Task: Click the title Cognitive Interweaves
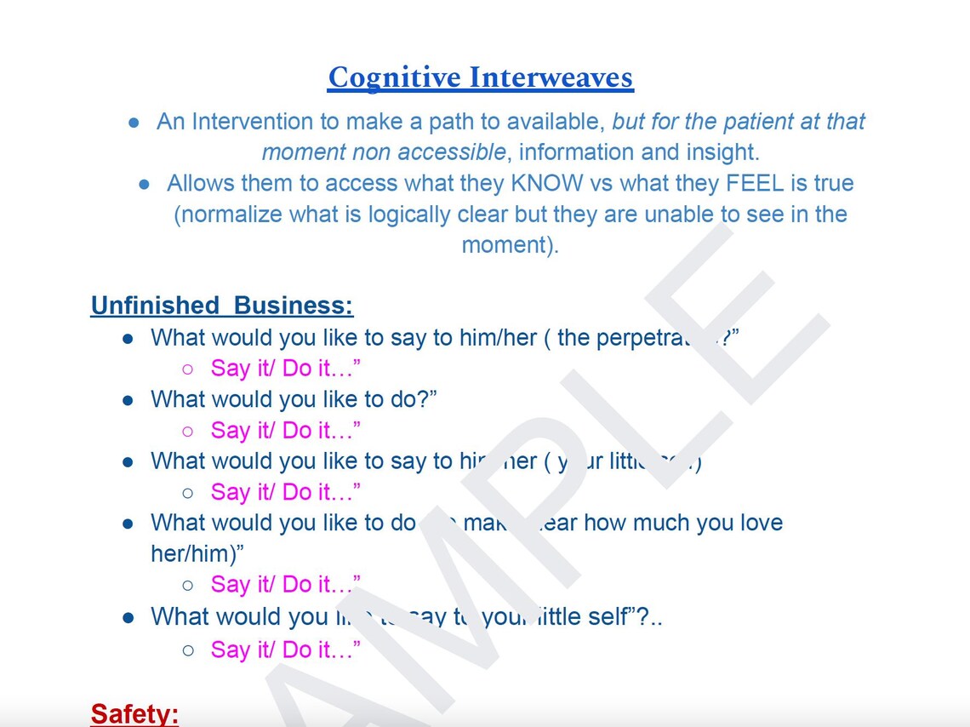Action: point(481,77)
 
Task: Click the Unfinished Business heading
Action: point(221,306)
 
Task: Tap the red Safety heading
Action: point(134,713)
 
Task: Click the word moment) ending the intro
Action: point(510,244)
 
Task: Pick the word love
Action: point(758,522)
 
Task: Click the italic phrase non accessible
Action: point(426,152)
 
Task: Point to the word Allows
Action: point(201,183)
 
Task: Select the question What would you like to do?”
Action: point(294,398)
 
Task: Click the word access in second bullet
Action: point(362,183)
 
